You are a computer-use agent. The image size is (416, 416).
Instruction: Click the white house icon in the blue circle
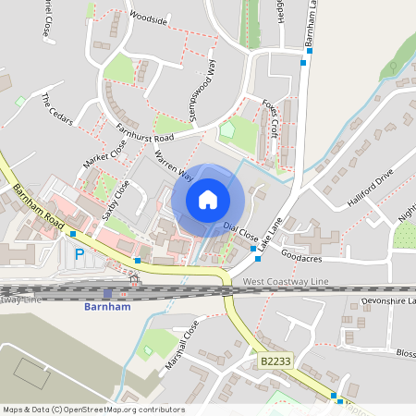point(207,200)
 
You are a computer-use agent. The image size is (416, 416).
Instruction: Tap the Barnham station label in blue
point(104,306)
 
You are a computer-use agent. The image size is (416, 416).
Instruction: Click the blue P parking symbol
point(79,253)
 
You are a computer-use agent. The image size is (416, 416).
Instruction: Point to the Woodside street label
point(148,18)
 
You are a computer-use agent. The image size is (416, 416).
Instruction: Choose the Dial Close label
point(241,231)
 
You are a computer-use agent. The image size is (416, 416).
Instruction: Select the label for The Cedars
point(55,109)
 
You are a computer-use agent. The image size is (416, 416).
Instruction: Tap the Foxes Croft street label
point(270,118)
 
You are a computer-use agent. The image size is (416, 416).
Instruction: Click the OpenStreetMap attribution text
point(93,410)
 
